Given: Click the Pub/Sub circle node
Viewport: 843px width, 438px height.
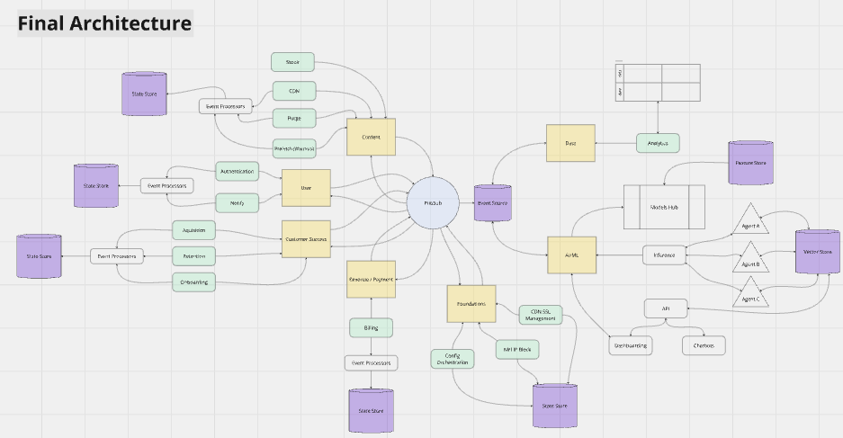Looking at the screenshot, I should [433, 204].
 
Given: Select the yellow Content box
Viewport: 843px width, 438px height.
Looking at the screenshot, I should [371, 137].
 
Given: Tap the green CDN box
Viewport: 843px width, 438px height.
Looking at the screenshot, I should [294, 91].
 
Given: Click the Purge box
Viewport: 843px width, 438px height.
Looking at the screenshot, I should [294, 118].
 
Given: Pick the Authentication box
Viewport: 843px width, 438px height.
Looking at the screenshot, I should [238, 171].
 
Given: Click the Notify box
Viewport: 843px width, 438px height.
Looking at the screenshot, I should [238, 203].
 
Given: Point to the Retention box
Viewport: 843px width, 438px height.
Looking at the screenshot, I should [194, 256].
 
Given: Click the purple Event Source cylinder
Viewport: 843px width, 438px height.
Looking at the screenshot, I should [492, 204].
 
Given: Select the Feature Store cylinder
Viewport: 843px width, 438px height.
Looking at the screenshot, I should [750, 163].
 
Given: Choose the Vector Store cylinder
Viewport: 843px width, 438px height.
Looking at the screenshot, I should [817, 255].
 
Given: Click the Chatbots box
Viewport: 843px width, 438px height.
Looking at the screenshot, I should [704, 344].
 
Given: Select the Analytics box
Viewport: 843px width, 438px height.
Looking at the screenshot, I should [658, 142].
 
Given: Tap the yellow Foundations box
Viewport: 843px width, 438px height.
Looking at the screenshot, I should [471, 303].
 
